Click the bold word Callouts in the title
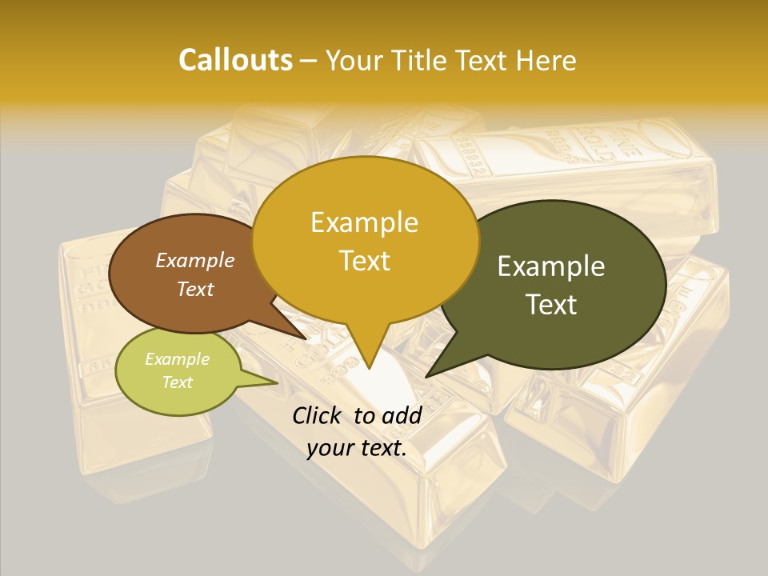[235, 60]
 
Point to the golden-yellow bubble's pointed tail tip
[369, 369]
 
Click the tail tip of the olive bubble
[426, 376]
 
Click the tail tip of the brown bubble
[306, 339]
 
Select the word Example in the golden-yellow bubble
[364, 222]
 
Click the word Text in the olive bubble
[552, 305]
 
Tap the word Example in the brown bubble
[194, 260]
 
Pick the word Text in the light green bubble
[177, 382]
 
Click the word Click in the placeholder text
[318, 415]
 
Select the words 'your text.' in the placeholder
[357, 449]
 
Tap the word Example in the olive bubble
[550, 266]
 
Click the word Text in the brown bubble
[194, 289]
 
